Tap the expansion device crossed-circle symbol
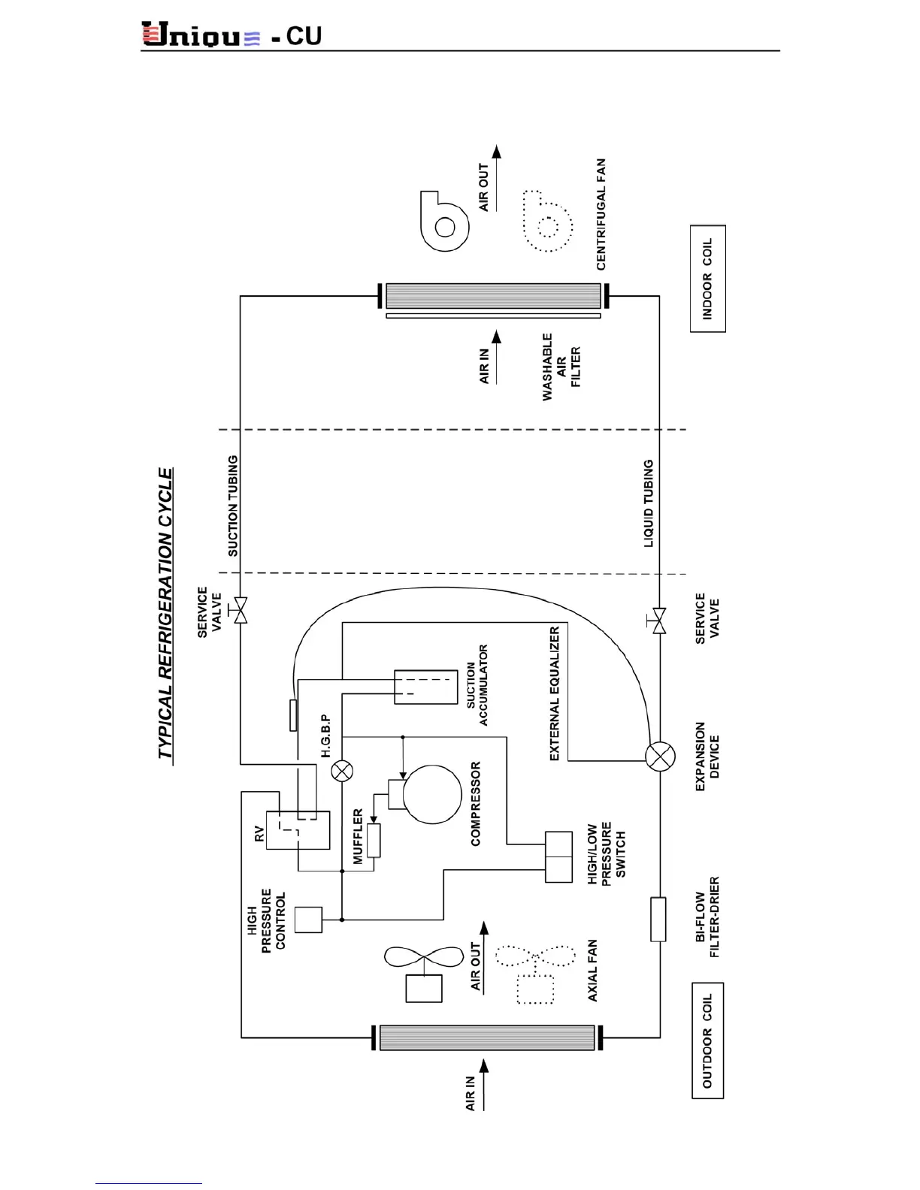[x=660, y=757]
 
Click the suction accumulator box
[x=425, y=687]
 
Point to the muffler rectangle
[x=374, y=841]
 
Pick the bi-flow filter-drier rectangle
[x=658, y=919]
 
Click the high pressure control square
[x=308, y=920]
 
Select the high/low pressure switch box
[x=558, y=856]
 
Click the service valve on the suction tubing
[x=241, y=610]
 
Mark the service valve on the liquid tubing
[x=658, y=621]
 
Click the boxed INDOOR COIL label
[x=707, y=279]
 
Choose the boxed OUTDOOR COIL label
[x=707, y=1040]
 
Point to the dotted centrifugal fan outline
[x=547, y=222]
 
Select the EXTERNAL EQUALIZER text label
[x=555, y=693]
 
